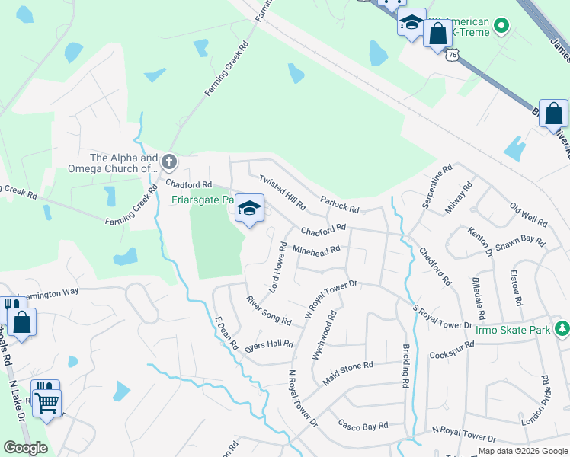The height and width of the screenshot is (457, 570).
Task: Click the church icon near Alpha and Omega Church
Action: point(169,161)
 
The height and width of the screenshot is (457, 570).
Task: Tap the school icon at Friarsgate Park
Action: point(249,209)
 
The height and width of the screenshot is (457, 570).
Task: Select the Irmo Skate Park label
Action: point(512,329)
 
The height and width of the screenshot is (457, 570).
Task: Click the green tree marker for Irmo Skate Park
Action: point(562,328)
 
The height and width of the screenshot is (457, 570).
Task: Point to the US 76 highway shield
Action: point(453,55)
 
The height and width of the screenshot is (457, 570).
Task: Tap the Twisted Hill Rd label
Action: point(282,193)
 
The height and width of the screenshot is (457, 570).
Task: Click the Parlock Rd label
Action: point(340,206)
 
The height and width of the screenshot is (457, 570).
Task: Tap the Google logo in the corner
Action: point(26,448)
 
